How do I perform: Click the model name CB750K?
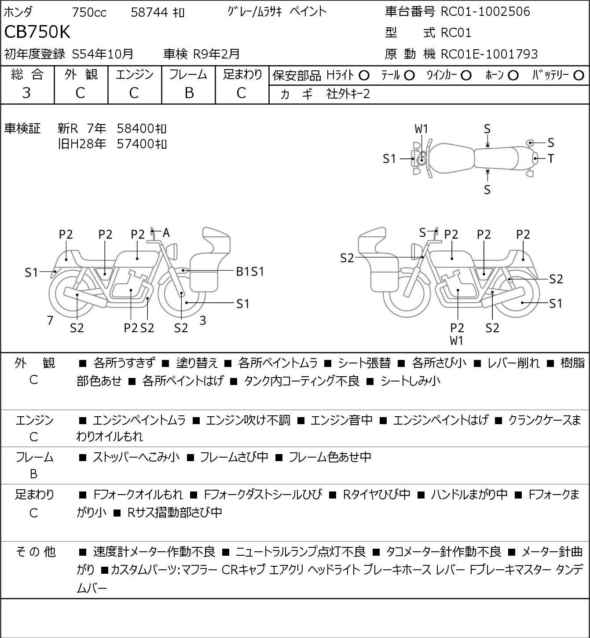[37, 32]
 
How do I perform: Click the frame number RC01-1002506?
[485, 11]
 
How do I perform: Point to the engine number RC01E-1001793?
[489, 54]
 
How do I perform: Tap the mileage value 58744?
[150, 12]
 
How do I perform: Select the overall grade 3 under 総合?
[26, 93]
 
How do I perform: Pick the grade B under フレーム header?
[189, 93]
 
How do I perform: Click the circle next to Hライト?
[364, 76]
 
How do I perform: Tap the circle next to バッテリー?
[579, 76]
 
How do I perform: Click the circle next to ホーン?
[513, 76]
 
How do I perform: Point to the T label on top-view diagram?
[551, 158]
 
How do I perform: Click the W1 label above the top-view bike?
[421, 129]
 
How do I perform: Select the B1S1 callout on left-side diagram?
[250, 272]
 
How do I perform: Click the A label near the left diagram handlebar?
[166, 233]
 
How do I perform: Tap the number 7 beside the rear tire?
[50, 320]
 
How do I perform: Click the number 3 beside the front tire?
[202, 320]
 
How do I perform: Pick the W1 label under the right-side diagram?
[457, 341]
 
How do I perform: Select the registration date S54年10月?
[103, 54]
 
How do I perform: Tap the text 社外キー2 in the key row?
[348, 94]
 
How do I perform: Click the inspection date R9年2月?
[216, 54]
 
